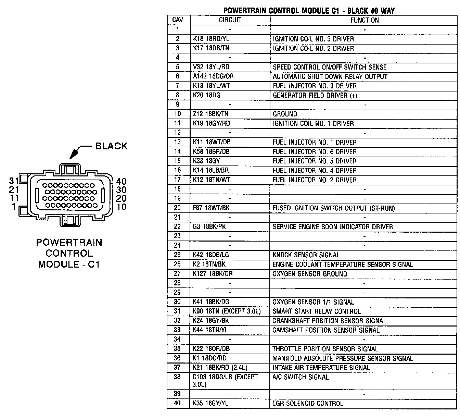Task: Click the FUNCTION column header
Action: coord(364,20)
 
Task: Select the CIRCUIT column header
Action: coord(230,20)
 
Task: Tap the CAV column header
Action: coord(178,20)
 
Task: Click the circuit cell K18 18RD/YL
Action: coord(211,39)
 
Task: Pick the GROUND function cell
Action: coord(285,114)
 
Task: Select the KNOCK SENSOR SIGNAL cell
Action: coord(306,255)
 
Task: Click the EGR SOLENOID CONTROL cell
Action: coord(308,404)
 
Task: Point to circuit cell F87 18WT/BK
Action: coord(211,208)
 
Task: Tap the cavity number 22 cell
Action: coord(178,227)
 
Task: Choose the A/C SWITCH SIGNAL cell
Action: coord(301,377)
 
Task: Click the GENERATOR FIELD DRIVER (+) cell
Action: coord(315,95)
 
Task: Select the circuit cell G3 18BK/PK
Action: coord(209,227)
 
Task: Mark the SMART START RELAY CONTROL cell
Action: coord(317,311)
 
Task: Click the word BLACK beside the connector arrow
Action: coord(111,146)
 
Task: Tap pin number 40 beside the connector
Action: coord(121,182)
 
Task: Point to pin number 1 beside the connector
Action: coord(14,207)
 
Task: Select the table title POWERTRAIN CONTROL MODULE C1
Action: coord(309,11)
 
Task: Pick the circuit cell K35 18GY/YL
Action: coord(210,404)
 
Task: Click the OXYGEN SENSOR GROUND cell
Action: coord(309,274)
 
